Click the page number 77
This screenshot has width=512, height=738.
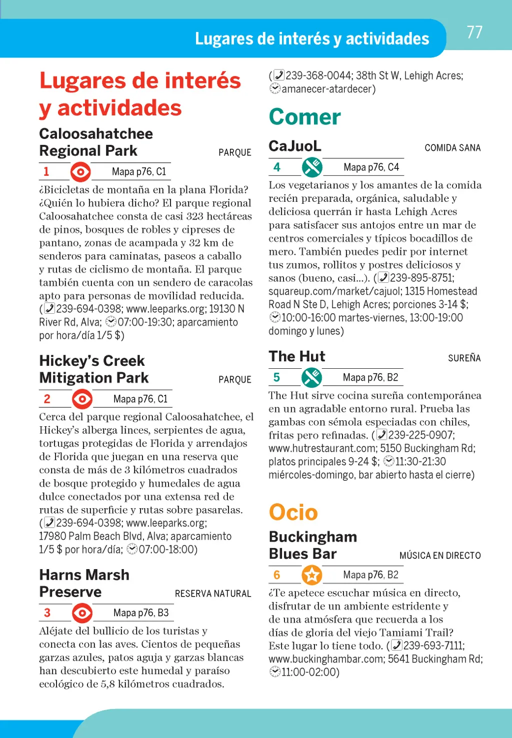pos(474,32)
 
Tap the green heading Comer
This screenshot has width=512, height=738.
pos(304,117)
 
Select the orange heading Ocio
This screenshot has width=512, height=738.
pos(293,512)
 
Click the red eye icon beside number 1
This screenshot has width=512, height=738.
pos(80,172)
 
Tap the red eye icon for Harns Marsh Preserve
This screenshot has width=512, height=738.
pos(82,613)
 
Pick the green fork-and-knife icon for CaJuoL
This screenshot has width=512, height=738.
pos(312,167)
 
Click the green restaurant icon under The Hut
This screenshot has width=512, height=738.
pos(311,378)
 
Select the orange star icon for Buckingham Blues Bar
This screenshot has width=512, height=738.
pos(312,575)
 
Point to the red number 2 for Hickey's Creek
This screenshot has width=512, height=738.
pos(47,399)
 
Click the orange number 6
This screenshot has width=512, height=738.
pos(276,575)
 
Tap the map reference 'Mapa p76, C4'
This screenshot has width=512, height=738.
pos(371,167)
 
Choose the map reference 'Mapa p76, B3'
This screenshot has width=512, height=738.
pos(141,613)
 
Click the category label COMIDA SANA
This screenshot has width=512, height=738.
pos(452,148)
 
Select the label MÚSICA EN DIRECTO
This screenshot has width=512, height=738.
pos(440,556)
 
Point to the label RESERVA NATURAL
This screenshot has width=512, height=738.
pos(213,594)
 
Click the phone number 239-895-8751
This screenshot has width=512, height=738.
pos(421,278)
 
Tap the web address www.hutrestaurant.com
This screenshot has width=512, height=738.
pos(321,448)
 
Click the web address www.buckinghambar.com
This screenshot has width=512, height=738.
pos(325,659)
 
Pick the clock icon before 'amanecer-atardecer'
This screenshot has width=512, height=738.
pos(275,89)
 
